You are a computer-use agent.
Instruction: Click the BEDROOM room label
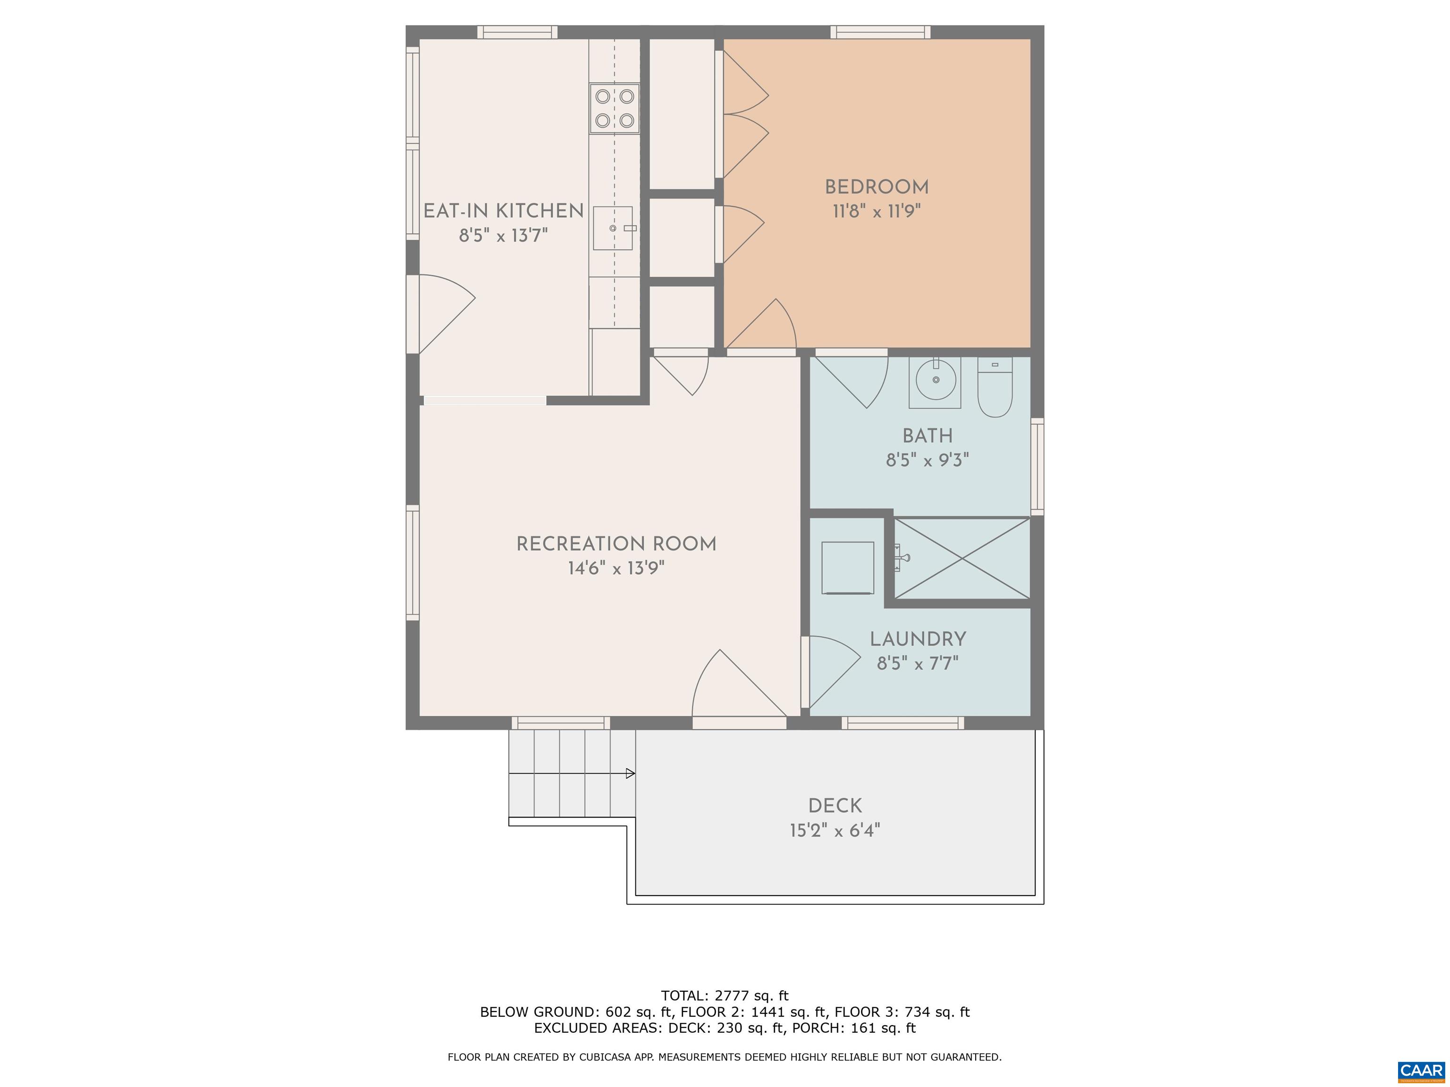click(877, 187)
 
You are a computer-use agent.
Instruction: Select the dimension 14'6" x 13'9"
click(615, 568)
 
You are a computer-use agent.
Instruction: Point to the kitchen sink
click(613, 228)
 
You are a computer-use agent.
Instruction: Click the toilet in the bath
click(995, 388)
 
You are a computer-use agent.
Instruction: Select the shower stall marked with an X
click(961, 558)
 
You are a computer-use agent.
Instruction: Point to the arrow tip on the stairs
click(631, 774)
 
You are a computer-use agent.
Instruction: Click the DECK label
click(835, 806)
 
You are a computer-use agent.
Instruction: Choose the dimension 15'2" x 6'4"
click(835, 831)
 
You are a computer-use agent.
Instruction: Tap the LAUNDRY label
click(918, 639)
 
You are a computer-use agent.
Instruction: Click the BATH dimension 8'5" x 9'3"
click(927, 460)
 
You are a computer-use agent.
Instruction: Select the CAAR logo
click(1421, 1070)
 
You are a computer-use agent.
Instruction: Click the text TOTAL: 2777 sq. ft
click(725, 996)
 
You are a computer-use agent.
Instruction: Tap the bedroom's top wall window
click(880, 32)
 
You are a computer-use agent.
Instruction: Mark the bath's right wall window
click(1037, 466)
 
